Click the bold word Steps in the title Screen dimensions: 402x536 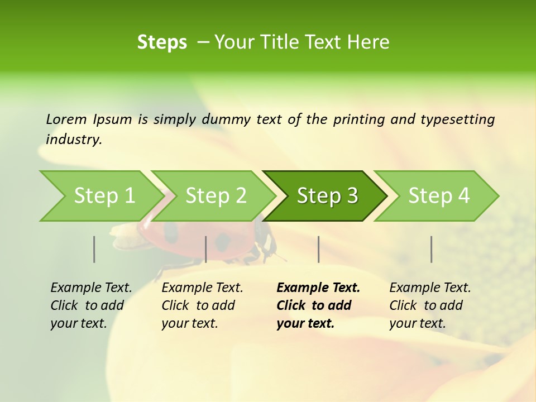point(162,42)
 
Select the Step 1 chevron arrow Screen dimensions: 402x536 point(100,196)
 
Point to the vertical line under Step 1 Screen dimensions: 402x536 point(94,249)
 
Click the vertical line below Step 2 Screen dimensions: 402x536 point(206,249)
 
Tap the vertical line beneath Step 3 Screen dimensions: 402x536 point(319,249)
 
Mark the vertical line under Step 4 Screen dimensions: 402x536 point(432,249)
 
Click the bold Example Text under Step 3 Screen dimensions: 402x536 point(318,288)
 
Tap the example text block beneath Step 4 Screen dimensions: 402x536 point(430,305)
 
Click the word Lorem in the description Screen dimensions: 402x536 point(66,119)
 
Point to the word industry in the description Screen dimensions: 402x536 point(74,140)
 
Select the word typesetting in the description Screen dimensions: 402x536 point(457,119)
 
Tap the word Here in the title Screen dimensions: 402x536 point(368,42)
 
